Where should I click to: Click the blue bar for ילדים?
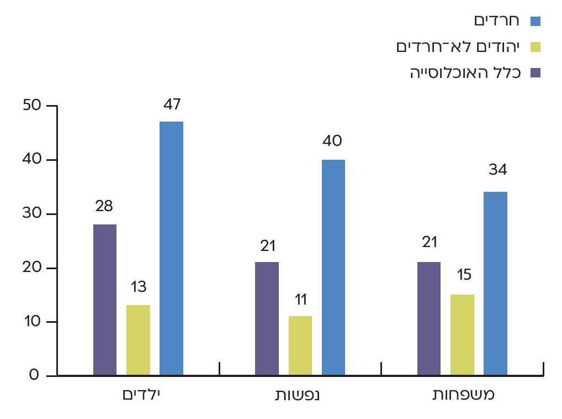tap(171, 249)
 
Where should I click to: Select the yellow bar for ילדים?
tap(138, 341)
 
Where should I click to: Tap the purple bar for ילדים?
tap(105, 300)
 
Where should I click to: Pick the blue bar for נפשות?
tap(333, 268)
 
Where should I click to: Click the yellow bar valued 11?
tap(300, 346)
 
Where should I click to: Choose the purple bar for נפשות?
tap(267, 319)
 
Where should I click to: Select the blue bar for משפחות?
tap(495, 284)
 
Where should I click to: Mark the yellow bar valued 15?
tap(462, 335)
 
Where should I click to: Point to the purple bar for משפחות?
tap(429, 319)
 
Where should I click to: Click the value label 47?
tap(172, 104)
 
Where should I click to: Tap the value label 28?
tap(104, 207)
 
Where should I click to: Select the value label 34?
tap(497, 169)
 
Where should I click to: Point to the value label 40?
tap(333, 142)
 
